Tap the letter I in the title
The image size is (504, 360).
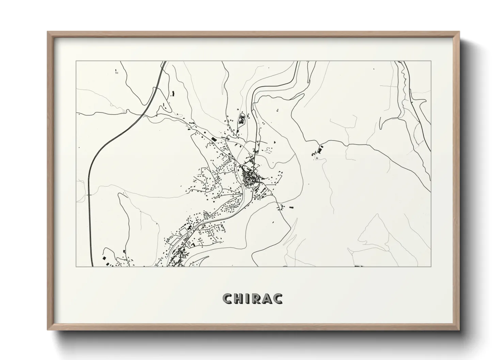coord(248,299)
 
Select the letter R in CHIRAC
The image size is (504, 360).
coord(256,299)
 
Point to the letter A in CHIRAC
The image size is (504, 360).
coord(267,299)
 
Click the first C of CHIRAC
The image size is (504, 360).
coord(227,299)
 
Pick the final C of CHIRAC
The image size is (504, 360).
coord(278,299)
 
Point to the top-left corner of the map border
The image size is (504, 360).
coord(76,61)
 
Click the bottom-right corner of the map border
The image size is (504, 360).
coord(431,266)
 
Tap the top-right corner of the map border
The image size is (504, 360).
coord(431,61)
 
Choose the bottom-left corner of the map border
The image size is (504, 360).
coord(76,266)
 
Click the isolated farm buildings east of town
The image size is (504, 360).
coord(318,151)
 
